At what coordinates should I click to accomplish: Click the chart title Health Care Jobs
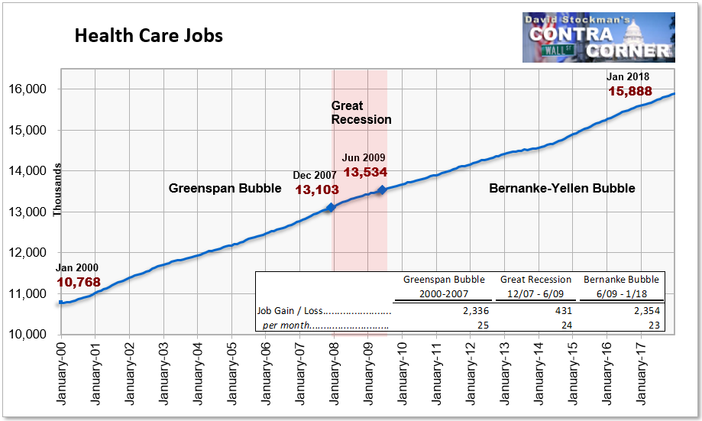tap(149, 36)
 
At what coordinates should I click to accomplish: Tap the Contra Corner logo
tap(599, 37)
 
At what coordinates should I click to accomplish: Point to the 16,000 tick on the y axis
tap(27, 89)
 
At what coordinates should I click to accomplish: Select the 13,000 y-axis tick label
tap(27, 212)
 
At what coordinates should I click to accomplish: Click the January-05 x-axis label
tap(231, 374)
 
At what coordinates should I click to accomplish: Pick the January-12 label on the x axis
tap(470, 374)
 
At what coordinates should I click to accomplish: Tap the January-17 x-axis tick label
tap(641, 374)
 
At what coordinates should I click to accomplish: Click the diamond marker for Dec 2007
tap(331, 207)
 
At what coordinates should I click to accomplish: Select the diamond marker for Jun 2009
tap(382, 190)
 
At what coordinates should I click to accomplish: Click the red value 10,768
tap(79, 282)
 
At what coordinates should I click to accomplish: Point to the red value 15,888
tap(630, 92)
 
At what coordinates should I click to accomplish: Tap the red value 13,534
tap(365, 172)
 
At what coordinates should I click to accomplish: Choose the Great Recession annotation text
tap(361, 112)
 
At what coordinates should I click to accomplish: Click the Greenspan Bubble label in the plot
tap(225, 188)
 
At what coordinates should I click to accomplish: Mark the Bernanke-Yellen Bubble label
tap(562, 188)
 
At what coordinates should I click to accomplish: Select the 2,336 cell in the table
tap(476, 311)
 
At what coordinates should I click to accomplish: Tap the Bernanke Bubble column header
tap(622, 280)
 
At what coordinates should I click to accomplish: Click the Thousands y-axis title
tap(57, 190)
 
